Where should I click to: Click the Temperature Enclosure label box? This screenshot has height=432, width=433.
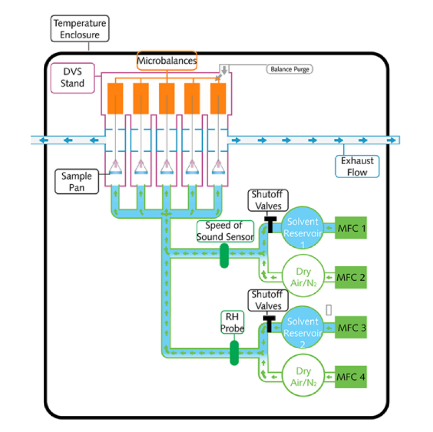pos(79,29)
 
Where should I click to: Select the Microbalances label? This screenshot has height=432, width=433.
pos(166,60)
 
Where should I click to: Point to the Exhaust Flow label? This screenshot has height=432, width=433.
pos(357,166)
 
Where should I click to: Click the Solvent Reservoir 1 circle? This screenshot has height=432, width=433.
pos(303,229)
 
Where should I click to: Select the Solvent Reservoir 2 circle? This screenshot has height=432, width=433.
pos(303,328)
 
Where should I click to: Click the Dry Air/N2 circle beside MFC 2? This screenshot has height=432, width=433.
pos(303,278)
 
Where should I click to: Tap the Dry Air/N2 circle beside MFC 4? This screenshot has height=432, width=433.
pos(303,377)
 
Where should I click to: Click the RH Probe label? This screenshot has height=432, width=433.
pos(234,322)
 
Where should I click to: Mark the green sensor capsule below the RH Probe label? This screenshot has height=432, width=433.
pos(234,353)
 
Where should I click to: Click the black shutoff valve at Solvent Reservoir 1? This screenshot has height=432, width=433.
pos(267,223)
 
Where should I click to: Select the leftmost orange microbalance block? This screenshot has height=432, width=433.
pos(115,98)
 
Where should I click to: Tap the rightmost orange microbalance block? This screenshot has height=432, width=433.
pos(218,98)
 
